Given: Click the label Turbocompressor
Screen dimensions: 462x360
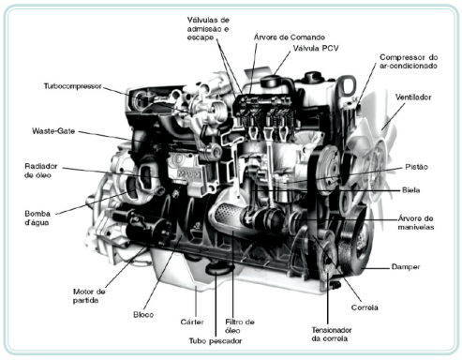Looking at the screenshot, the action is tap(72, 86).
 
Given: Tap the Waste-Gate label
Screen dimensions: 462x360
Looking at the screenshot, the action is tap(53, 131).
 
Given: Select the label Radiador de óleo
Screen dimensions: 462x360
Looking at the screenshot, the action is tap(41, 171).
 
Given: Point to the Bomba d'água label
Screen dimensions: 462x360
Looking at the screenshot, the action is tap(37, 218).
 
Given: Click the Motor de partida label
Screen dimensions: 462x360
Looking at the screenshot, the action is tap(89, 296).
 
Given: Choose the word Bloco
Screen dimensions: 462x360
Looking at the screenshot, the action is tap(143, 315).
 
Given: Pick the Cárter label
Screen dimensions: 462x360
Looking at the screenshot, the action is tap(192, 322).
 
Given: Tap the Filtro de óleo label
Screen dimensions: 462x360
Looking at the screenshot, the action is tap(240, 326).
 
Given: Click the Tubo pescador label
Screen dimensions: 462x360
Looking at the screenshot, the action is tap(216, 341).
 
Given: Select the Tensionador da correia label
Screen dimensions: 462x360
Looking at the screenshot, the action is tap(332, 334).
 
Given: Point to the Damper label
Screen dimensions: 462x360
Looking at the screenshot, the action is tap(406, 267).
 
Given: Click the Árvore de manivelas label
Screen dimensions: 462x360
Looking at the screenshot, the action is tap(416, 223).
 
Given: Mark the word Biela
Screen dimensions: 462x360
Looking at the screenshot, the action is tap(410, 190).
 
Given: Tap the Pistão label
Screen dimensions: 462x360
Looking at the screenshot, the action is tap(416, 167).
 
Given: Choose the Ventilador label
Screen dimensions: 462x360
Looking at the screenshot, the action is tap(413, 97).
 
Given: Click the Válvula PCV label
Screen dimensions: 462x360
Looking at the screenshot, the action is tap(316, 49).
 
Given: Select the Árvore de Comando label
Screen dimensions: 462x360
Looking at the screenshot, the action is tap(289, 37).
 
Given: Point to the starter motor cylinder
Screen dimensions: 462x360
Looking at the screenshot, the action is tap(147, 227).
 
